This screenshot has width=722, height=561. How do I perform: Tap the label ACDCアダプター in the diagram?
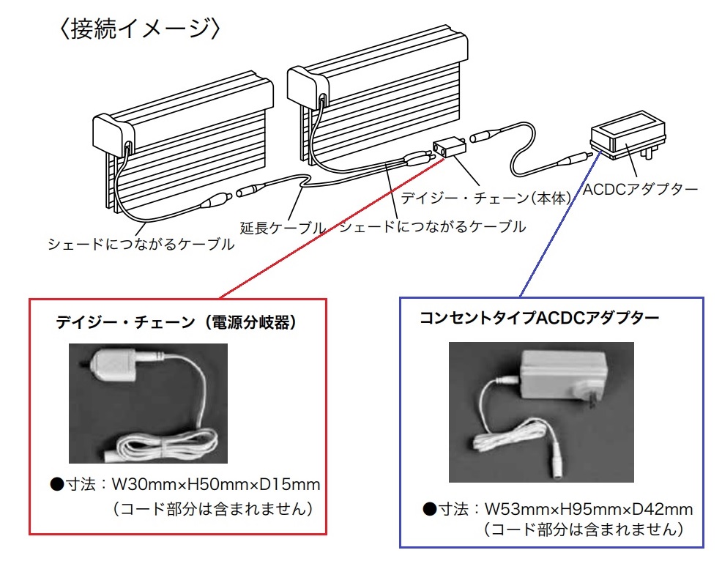[x=641, y=189]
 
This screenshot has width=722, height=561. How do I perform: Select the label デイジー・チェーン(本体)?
[x=485, y=198]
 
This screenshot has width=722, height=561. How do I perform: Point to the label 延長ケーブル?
[x=283, y=228]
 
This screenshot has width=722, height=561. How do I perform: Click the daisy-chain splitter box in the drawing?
[x=449, y=147]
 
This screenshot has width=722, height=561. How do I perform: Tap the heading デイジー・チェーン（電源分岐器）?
[x=176, y=322]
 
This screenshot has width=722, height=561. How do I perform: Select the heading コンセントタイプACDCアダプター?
[x=539, y=318]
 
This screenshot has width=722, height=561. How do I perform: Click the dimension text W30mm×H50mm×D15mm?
[x=216, y=485]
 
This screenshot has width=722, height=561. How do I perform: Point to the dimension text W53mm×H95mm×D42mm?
[x=589, y=509]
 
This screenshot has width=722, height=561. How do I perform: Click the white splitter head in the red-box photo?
[x=113, y=364]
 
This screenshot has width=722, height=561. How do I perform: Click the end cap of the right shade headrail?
[x=308, y=87]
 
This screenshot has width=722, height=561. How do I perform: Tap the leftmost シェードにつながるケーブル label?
[x=141, y=244]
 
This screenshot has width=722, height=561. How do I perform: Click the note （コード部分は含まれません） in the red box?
[x=213, y=509]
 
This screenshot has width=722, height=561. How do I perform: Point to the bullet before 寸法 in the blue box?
[x=429, y=509]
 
